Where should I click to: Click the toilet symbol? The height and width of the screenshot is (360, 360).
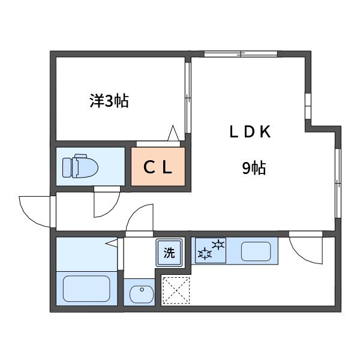point(80,166)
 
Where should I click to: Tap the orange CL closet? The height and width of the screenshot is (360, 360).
point(158,166)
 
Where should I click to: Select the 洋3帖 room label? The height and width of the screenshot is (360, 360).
point(109,101)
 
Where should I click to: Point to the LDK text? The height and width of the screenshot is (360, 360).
point(250,132)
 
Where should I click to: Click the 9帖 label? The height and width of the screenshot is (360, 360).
point(254,168)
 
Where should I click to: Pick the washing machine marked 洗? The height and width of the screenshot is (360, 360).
point(169,253)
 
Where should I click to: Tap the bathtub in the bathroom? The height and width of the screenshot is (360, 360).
point(86,289)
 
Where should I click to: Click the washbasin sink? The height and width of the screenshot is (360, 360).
point(142,295)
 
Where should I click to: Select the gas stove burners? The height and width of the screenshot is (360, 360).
point(211,250)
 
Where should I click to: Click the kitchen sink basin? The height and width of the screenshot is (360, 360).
point(256,251)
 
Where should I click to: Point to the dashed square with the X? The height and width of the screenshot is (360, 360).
point(176,290)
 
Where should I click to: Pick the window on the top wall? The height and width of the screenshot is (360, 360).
point(241,54)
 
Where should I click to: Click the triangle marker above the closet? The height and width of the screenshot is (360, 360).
point(173,133)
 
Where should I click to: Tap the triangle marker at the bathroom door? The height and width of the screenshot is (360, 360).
point(112,243)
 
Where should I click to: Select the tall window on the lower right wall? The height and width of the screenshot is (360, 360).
point(338,183)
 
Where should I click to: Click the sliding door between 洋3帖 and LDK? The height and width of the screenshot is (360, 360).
point(188,98)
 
